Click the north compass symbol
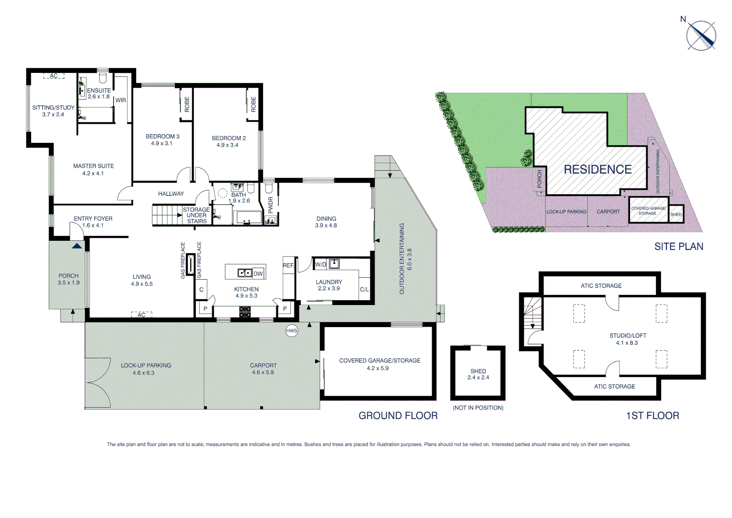[x=701, y=35]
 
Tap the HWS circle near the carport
[x=292, y=330]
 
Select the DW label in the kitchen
[x=258, y=274]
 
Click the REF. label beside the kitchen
[x=288, y=265]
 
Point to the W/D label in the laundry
[x=320, y=265]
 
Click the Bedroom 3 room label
[x=162, y=137]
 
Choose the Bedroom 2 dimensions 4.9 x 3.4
[x=227, y=145]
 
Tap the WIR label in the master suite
[x=121, y=100]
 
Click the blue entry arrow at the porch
[x=77, y=246]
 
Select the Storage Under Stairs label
[x=196, y=215]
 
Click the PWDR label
[x=271, y=205]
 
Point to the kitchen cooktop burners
[x=245, y=312]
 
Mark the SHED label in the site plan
[x=676, y=214]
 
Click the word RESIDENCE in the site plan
[x=597, y=169]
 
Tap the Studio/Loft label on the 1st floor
[x=628, y=336]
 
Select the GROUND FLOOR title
[x=398, y=416]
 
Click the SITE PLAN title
[x=678, y=247]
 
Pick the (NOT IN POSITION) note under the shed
[x=478, y=408]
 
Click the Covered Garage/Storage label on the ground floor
[x=379, y=361]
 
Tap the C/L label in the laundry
[x=364, y=290]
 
